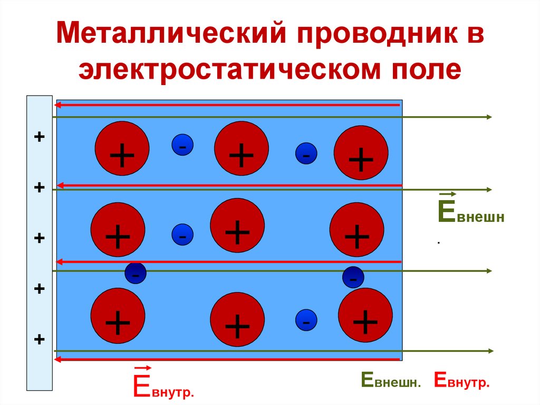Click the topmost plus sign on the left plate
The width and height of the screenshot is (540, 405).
(x=39, y=137)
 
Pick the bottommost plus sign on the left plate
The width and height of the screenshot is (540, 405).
(x=39, y=340)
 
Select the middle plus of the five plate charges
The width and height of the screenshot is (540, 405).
(x=39, y=238)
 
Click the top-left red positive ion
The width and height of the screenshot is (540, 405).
(x=122, y=148)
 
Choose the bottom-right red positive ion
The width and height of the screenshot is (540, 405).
(x=365, y=315)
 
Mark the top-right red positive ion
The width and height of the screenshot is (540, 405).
(x=361, y=153)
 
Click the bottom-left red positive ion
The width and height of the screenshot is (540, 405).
(x=118, y=315)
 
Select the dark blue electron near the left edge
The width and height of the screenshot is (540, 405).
(x=136, y=273)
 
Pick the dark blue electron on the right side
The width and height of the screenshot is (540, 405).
(x=353, y=277)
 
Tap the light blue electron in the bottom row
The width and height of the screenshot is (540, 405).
(x=306, y=320)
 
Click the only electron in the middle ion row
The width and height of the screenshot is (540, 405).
(x=182, y=234)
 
